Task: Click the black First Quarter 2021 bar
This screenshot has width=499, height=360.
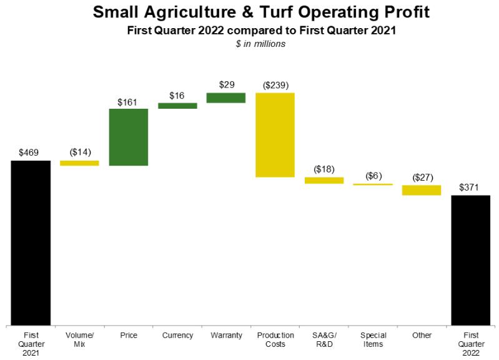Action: [x=31, y=242]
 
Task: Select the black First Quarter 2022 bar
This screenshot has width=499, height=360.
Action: [x=471, y=260]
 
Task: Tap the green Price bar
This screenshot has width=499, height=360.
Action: [x=129, y=137]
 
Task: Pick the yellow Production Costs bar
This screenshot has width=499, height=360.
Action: [x=275, y=135]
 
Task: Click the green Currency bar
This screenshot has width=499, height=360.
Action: [x=177, y=106]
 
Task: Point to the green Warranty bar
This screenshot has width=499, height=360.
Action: [x=226, y=97]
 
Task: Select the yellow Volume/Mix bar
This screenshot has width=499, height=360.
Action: [x=79, y=163]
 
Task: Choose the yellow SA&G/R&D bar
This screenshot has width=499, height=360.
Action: [x=324, y=181]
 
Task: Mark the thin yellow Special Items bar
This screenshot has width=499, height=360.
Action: [x=373, y=184]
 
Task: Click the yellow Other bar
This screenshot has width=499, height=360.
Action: [x=422, y=190]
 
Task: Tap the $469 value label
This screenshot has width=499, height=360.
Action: [x=29, y=152]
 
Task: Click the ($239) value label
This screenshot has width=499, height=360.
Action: [x=275, y=86]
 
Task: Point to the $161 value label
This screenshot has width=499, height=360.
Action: [x=127, y=102]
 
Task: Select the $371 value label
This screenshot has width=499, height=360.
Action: [x=469, y=187]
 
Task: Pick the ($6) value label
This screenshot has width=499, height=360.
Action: [x=373, y=176]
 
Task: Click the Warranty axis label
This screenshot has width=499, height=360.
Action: [x=226, y=335]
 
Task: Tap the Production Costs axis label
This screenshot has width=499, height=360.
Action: [x=275, y=339]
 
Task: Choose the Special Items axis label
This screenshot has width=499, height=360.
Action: [x=373, y=339]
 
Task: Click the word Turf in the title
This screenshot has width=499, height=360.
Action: [x=276, y=12]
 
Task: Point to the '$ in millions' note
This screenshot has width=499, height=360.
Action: [x=260, y=44]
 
